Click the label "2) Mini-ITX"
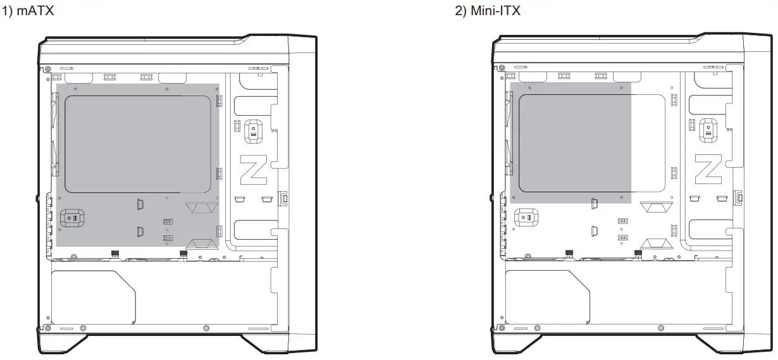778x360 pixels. pyautogui.click(x=488, y=11)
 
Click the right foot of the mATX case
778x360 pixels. pyautogui.click(x=266, y=344)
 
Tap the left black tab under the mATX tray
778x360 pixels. pyautogui.click(x=115, y=253)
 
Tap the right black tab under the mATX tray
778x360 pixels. pyautogui.click(x=183, y=253)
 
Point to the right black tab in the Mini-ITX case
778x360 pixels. pyautogui.click(x=638, y=253)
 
